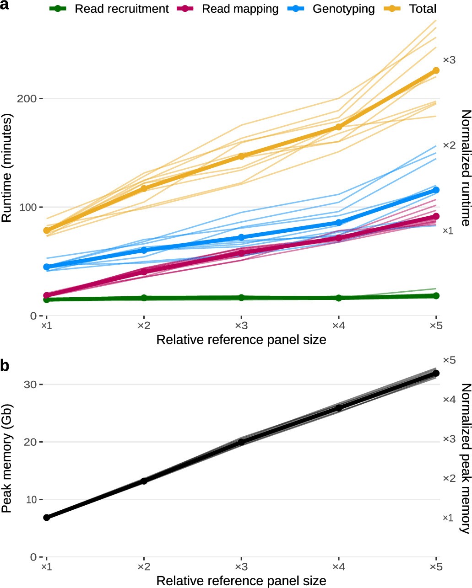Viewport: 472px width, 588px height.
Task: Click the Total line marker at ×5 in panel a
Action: [x=436, y=70]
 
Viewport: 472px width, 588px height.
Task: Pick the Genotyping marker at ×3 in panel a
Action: [x=241, y=237]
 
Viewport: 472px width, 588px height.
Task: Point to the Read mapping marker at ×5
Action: [x=436, y=216]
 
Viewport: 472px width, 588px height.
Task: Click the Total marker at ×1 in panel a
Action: [x=46, y=230]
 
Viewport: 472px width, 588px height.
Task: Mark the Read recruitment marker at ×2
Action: [x=144, y=298]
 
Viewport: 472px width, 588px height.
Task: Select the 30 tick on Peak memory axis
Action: [x=30, y=385]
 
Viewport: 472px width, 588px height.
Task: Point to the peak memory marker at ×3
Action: [x=241, y=442]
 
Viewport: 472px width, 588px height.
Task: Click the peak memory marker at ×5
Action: [x=436, y=373]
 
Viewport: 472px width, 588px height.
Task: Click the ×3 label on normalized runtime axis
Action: [x=449, y=60]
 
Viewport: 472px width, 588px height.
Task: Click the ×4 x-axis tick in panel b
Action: [x=338, y=567]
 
